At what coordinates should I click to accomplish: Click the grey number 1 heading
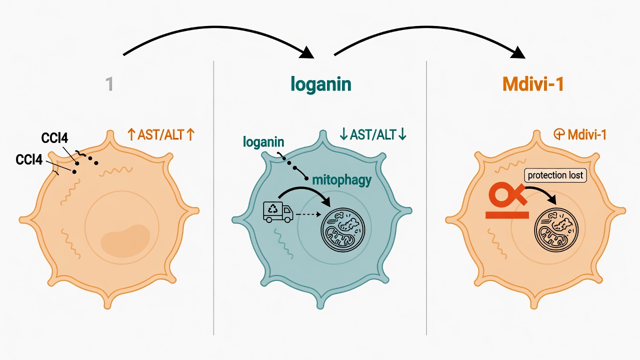pos(109,84)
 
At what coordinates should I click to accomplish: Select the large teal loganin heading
pos(320,84)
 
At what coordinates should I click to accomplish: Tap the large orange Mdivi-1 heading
pos(533,84)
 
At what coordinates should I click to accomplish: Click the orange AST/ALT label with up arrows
pos(161,134)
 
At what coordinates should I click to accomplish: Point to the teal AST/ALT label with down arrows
pos(373,134)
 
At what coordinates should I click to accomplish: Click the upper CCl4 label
pos(54,138)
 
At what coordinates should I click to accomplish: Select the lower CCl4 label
pos(29,159)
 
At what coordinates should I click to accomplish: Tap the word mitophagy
pos(342,180)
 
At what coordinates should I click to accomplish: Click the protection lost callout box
pos(555,175)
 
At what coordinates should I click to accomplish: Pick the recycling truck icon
pos(278,212)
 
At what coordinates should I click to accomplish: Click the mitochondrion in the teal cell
pos(343,229)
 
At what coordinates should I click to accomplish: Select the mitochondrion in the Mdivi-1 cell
pos(556,230)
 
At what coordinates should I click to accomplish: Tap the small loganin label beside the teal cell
pos(263,141)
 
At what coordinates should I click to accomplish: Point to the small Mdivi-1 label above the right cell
pos(580,134)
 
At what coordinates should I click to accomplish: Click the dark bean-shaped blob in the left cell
pos(125,240)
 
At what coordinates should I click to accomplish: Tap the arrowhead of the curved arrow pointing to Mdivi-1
pos(518,52)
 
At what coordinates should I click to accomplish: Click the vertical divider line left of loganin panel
pos(213,197)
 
